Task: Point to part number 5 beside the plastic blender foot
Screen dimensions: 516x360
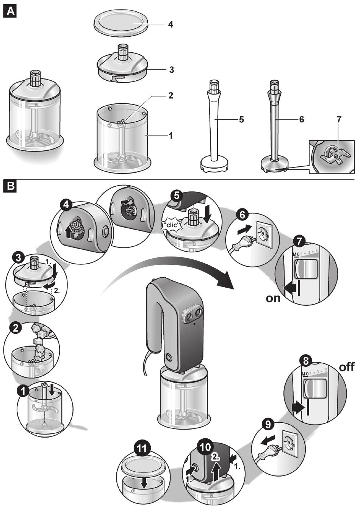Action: coord(241,119)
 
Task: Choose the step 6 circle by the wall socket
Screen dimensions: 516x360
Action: coord(243,215)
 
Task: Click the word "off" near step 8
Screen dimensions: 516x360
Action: coord(346,367)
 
